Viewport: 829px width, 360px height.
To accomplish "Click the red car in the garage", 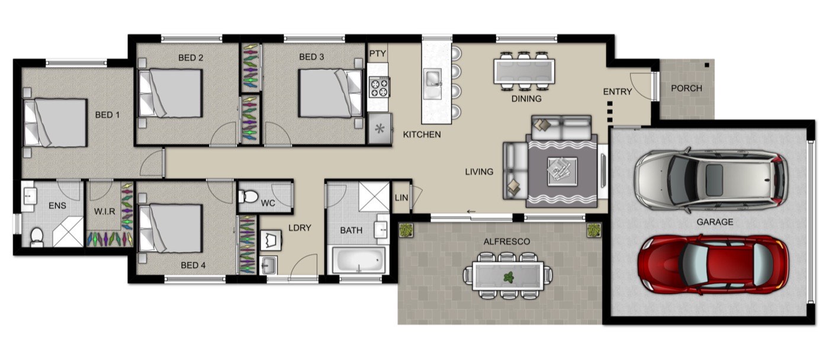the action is tap(713, 265).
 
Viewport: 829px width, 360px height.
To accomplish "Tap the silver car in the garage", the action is tap(711, 181).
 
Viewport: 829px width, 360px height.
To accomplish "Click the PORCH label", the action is tap(686, 88).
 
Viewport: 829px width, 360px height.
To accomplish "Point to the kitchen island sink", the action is tap(433, 84).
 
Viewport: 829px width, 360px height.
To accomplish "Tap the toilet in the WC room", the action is tap(248, 196).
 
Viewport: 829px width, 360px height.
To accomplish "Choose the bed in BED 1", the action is tap(56, 123).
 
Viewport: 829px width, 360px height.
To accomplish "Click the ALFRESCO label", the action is tap(507, 242).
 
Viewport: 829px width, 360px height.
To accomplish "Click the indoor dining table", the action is tap(525, 71).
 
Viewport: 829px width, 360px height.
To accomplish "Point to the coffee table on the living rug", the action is tap(562, 171).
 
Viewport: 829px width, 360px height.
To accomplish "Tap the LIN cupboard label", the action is tap(401, 198).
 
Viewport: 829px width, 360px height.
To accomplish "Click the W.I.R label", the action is tap(104, 211).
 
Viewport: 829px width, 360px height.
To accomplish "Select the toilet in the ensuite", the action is tap(37, 237).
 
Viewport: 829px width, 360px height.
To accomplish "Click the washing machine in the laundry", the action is tap(271, 240).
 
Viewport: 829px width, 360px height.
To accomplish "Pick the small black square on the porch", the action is tap(707, 65).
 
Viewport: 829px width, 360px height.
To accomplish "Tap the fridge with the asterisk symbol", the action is tap(380, 128).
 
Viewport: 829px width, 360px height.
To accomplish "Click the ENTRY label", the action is tap(617, 92).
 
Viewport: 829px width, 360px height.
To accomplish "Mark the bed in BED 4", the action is tap(171, 229).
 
